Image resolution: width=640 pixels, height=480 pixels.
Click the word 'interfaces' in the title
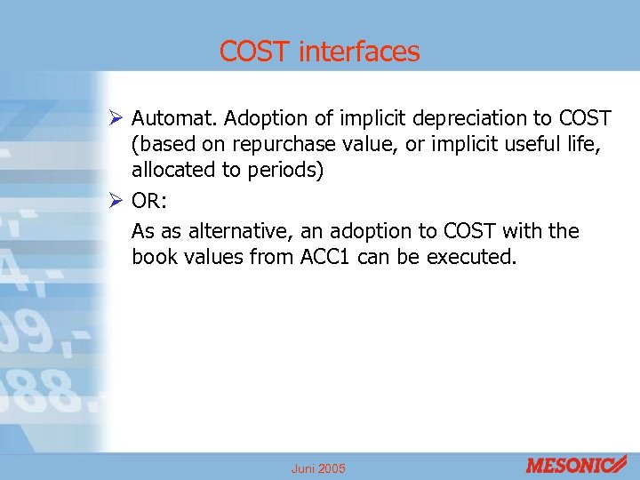point(359,52)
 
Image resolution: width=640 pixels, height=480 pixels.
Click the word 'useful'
point(519,144)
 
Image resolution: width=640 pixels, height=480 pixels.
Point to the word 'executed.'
point(471,257)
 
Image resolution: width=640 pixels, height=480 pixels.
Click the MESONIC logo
point(575,465)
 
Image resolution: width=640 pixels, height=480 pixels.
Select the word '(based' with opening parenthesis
point(158,144)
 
